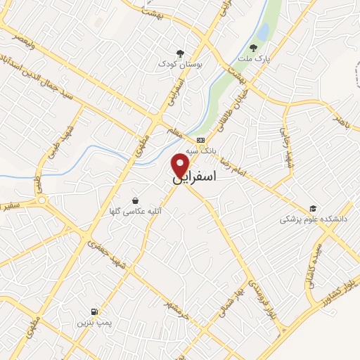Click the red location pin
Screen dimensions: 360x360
click(181, 165)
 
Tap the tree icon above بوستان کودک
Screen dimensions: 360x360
click(181, 53)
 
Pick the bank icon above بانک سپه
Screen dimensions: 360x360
click(201, 139)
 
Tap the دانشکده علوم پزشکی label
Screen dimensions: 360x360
click(309, 219)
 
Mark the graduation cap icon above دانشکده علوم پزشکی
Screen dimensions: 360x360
click(313, 208)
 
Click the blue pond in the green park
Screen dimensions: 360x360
click(263, 32)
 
